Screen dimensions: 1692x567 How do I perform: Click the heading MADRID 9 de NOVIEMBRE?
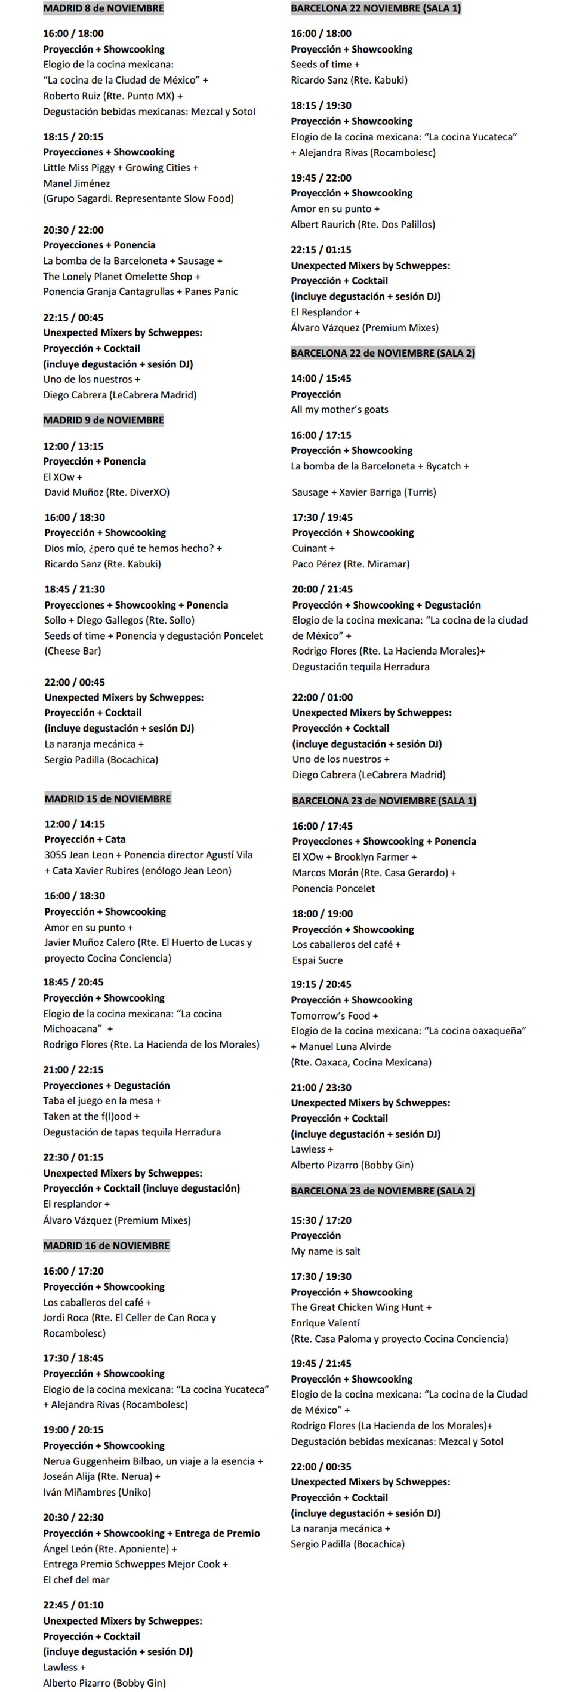point(103,420)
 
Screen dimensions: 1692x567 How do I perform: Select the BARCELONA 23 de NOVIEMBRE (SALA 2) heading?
point(383,1190)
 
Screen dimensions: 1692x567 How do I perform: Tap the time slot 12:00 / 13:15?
point(73,446)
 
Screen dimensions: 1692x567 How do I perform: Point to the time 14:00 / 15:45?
point(321,378)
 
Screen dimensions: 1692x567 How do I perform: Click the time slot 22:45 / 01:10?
point(73,1605)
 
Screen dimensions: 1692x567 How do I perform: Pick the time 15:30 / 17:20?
point(321,1220)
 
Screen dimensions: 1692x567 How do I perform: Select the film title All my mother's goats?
point(339,409)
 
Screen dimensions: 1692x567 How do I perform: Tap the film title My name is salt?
point(325,1251)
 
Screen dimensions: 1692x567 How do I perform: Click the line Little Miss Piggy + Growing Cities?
point(120,167)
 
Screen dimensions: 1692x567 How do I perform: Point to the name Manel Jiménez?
point(76,183)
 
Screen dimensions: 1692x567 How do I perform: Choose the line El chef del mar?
point(76,1579)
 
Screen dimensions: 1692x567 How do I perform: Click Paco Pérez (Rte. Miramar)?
point(350,564)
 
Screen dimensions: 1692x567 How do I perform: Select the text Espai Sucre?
point(317,960)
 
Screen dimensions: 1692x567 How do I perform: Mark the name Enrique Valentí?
point(325,1323)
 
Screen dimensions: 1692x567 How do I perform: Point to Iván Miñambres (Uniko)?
point(97,1492)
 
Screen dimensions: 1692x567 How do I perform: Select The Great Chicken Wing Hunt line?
point(361,1307)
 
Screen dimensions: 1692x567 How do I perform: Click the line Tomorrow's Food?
point(334,1015)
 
